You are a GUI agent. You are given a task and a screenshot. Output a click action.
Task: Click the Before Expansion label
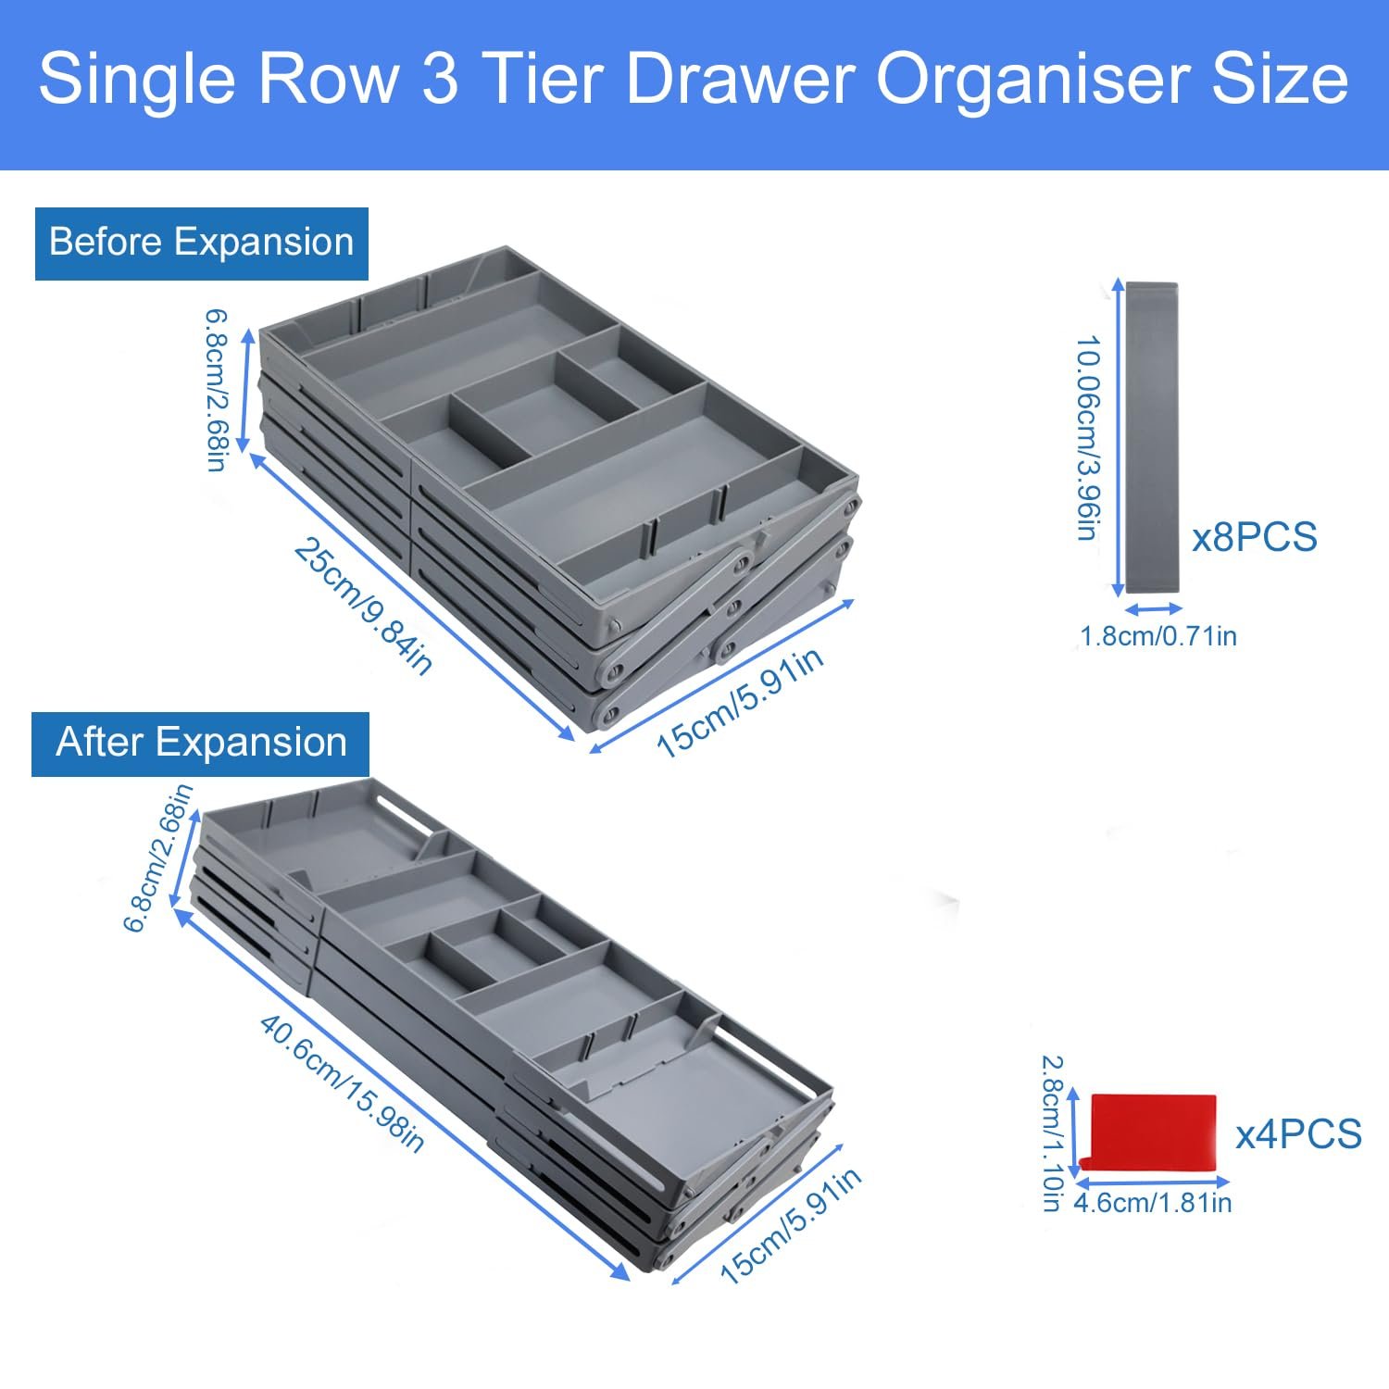click(201, 243)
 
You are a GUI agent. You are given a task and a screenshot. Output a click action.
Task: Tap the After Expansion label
click(201, 743)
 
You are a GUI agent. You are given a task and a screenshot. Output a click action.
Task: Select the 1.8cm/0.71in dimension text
click(1158, 636)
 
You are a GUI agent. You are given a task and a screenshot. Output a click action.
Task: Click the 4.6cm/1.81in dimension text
click(1153, 1203)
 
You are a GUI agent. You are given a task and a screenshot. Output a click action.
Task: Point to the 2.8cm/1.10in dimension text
click(1053, 1133)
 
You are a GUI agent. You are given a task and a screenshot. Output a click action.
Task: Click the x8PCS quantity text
click(1254, 537)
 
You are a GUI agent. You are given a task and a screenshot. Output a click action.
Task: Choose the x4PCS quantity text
click(1299, 1134)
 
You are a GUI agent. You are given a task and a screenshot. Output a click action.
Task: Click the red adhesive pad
click(1153, 1134)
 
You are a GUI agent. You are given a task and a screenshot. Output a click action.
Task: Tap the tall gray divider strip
click(1152, 437)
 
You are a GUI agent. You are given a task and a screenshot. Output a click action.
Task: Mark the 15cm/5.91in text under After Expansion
click(792, 1225)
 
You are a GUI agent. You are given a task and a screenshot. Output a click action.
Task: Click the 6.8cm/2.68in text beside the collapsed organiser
click(216, 390)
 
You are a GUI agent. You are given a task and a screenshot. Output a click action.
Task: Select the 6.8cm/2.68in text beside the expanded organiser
click(158, 857)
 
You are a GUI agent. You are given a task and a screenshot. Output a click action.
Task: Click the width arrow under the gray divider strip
click(1153, 609)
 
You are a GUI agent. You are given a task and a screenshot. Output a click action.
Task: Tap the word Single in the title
click(137, 81)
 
